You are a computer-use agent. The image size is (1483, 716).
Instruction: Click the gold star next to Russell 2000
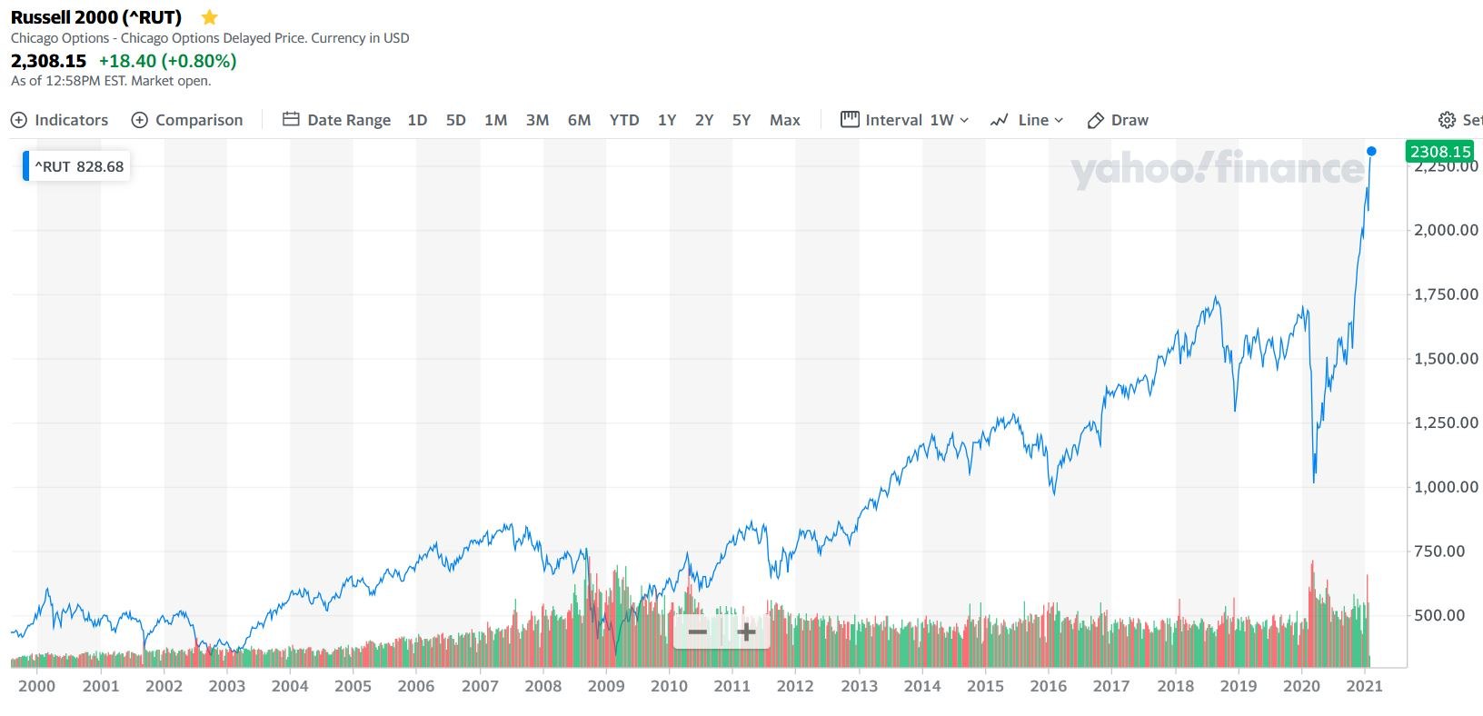[209, 17]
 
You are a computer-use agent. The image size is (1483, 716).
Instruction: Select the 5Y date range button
[741, 120]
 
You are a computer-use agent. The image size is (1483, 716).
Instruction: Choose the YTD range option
[624, 120]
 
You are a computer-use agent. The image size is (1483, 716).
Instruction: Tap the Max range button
[785, 120]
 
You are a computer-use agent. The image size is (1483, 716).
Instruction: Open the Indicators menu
[59, 120]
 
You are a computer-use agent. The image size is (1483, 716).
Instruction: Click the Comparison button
[187, 120]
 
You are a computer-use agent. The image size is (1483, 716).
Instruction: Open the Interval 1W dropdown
[905, 120]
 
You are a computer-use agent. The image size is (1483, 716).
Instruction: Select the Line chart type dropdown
[1027, 120]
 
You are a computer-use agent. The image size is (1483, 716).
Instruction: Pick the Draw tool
[1119, 120]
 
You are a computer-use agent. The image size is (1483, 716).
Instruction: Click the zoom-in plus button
[746, 632]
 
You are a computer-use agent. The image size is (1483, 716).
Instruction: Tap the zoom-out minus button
[698, 632]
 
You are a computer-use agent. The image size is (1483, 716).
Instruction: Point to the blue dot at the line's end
[1371, 152]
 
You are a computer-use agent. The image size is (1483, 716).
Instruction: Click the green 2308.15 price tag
[1440, 152]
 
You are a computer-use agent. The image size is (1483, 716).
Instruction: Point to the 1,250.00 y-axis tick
[1446, 423]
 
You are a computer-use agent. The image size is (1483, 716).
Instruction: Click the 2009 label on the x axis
[606, 686]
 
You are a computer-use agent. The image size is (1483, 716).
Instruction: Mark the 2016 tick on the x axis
[1049, 686]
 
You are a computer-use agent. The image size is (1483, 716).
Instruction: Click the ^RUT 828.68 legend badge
[78, 166]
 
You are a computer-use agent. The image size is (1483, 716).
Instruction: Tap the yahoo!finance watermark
[1218, 169]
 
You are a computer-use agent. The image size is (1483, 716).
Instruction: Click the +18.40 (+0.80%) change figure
[167, 61]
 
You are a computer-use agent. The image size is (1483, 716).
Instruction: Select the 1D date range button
[417, 120]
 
